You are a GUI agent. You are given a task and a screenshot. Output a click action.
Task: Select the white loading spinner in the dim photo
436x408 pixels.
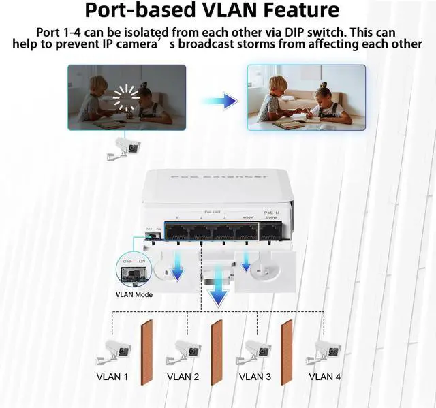tap(126, 99)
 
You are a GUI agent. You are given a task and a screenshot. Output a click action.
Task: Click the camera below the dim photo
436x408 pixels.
tap(124, 146)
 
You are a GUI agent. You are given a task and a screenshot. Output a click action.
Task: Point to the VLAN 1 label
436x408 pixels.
tap(111, 376)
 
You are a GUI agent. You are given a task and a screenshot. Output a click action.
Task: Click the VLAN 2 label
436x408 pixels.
tap(183, 376)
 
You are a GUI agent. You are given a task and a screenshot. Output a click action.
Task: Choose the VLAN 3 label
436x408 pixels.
tap(255, 376)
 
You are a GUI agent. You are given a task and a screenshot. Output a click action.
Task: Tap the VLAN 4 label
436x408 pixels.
tap(325, 376)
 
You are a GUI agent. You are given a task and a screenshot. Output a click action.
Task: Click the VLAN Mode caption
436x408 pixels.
tap(134, 294)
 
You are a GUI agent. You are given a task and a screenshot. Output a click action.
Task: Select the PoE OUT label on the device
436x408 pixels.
tap(213, 213)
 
